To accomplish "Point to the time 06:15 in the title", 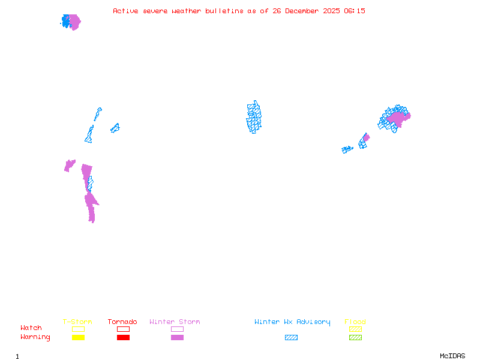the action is pos(355,11).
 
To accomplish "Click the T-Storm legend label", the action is pos(77,322).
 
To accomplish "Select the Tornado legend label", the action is pos(122,322).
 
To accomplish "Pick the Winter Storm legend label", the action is pos(175,322).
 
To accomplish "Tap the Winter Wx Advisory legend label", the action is pos(292,322).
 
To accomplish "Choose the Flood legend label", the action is pos(355,322).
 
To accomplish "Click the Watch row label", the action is pos(31,328).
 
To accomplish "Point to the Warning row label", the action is pos(35,337).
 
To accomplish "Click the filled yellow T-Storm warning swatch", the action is pos(78,337).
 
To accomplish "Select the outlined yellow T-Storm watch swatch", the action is pos(78,329).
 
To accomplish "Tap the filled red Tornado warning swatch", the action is pos(123,337).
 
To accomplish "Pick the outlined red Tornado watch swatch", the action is pos(123,329).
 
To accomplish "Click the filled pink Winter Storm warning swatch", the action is pos(177,337).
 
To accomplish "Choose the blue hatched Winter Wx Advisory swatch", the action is pos(291,337).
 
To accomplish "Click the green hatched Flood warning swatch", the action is pos(355,337).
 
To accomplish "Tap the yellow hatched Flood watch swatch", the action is pos(355,329).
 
